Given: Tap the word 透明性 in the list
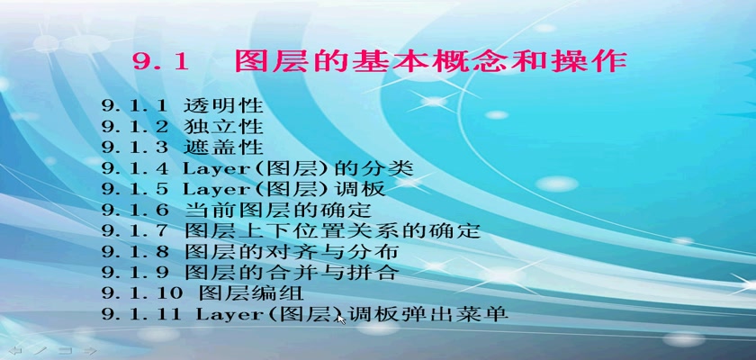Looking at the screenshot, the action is [223, 105].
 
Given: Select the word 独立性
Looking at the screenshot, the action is [223, 127].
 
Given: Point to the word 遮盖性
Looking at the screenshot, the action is [223, 148].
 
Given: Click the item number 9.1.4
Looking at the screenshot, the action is [135, 168].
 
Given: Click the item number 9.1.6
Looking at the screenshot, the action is [135, 211].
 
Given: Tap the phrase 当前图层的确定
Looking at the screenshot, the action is [278, 210].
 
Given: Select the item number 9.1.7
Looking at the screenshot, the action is [135, 231].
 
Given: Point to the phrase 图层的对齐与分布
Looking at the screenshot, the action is [292, 252].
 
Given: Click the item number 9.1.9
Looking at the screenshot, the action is [135, 273].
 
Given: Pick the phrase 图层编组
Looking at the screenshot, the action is [251, 293].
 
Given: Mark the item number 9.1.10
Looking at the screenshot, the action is [142, 293].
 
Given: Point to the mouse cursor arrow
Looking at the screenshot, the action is [341, 319].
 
